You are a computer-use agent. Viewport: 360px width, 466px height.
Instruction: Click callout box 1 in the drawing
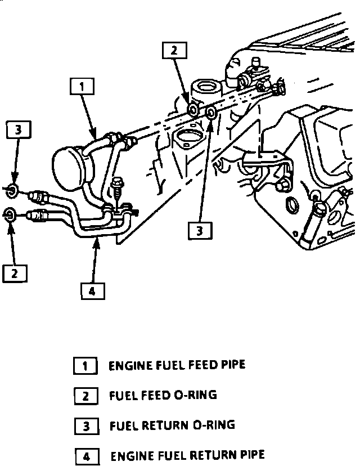82,87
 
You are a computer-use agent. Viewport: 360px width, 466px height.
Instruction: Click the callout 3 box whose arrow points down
18,131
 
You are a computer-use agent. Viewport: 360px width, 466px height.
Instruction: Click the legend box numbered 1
85,366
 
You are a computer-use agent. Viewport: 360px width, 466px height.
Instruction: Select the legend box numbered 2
85,396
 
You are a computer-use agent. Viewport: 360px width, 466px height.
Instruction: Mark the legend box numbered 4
87,455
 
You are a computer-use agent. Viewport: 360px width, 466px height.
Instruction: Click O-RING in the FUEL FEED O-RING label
194,395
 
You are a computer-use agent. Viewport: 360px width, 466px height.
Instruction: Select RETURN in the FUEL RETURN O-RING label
164,425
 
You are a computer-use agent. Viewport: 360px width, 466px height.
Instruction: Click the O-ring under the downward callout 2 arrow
192,109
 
